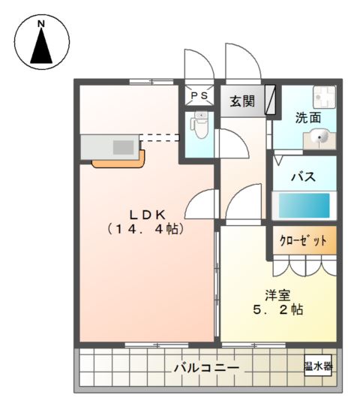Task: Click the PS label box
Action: tap(199, 96)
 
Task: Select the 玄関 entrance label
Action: tap(241, 101)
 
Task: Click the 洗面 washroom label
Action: tap(307, 118)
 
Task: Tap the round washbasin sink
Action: tap(319, 137)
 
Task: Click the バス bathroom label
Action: tap(302, 177)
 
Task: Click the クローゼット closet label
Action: tap(304, 241)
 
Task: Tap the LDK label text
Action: tap(145, 213)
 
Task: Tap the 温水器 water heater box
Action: tap(319, 366)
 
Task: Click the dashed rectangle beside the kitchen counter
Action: tap(160, 137)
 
